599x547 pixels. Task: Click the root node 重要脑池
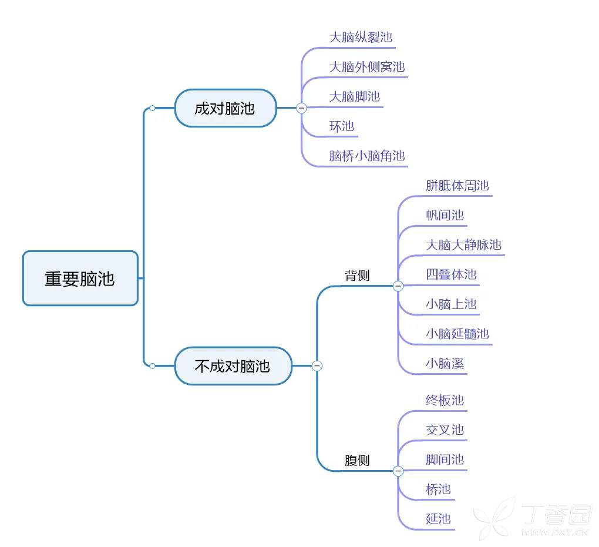tap(80, 278)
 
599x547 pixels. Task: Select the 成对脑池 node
tap(226, 108)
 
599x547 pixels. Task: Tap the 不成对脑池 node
tap(233, 366)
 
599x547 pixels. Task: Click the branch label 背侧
tap(357, 276)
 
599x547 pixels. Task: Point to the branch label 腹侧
tap(357, 461)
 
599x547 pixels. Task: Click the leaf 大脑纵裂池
tap(361, 38)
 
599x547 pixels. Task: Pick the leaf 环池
tap(342, 126)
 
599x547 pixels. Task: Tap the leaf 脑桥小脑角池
tap(367, 156)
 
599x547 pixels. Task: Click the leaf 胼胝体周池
tap(457, 186)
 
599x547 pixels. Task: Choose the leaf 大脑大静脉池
tap(464, 245)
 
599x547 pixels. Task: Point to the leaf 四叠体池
tap(451, 274)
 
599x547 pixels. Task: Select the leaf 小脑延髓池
tap(457, 334)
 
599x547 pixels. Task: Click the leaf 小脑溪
tap(445, 364)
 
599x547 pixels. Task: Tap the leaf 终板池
tap(445, 400)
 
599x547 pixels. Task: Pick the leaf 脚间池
tap(445, 459)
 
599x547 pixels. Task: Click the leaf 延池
tap(438, 519)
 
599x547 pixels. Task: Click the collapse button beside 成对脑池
tap(302, 108)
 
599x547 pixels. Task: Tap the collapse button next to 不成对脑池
tap(317, 366)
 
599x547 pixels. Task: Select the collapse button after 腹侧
tap(398, 471)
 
